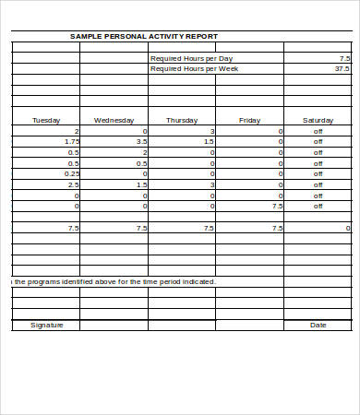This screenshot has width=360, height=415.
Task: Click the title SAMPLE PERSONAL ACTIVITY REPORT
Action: (x=144, y=37)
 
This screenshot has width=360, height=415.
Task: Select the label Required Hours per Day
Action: (x=191, y=58)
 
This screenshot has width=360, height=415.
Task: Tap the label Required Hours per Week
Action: (x=193, y=68)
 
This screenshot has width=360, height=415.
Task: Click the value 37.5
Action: (x=342, y=68)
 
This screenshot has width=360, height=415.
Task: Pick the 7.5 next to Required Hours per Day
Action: (x=344, y=58)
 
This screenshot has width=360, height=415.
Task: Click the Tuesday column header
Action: (x=46, y=120)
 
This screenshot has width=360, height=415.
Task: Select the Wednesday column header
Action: (x=114, y=120)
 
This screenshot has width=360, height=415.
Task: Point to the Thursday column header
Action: (x=181, y=120)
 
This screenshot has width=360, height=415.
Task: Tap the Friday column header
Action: (x=249, y=120)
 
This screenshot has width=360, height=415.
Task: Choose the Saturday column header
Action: (x=318, y=120)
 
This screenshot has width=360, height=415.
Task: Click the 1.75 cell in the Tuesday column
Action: (x=72, y=141)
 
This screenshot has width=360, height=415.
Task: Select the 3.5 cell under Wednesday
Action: (x=141, y=141)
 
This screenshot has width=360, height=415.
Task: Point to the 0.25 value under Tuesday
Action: (x=72, y=173)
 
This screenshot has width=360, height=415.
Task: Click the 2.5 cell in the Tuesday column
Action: (x=74, y=184)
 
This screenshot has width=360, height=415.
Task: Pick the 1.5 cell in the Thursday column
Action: (x=209, y=141)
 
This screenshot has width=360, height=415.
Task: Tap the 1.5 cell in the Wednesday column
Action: (x=141, y=184)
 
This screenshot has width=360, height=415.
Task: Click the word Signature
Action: (x=46, y=325)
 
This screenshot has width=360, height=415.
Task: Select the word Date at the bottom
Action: (x=318, y=325)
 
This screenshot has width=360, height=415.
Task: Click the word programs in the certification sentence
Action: (x=45, y=281)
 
